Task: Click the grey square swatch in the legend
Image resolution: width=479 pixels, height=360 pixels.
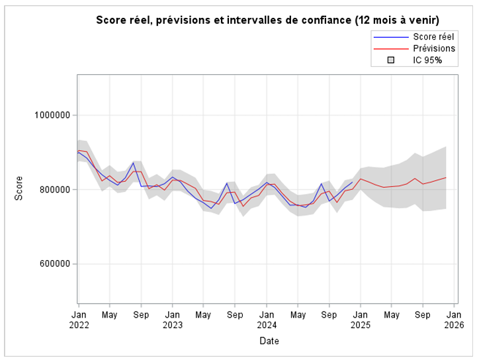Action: pos(390,60)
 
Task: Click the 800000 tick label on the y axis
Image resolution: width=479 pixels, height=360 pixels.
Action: pos(54,190)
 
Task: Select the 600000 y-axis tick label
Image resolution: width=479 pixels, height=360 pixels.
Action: pos(54,264)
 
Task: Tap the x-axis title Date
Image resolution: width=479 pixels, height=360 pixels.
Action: pos(269,341)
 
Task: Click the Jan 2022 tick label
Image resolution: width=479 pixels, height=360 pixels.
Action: pos(78,320)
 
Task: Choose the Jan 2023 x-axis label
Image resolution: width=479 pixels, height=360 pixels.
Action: pos(173,320)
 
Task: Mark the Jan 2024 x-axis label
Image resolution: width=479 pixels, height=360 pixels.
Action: pos(267,320)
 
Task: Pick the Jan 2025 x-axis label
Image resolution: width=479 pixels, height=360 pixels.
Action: pos(361,320)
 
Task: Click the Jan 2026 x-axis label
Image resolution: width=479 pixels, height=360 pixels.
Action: pos(455,320)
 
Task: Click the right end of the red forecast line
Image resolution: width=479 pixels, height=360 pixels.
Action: pos(446,177)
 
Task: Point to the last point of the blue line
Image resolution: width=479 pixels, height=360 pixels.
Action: pos(353,182)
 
